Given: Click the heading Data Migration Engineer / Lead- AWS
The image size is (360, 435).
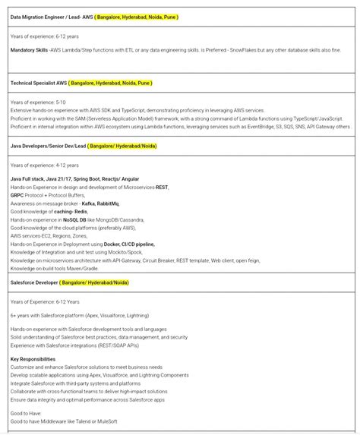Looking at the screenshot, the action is pos(51,17).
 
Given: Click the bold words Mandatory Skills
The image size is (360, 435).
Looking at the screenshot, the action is pos(29,50).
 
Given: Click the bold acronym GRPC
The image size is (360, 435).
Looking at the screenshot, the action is pos(17,195).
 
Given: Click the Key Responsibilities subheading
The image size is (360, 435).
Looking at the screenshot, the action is pos(33,359).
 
